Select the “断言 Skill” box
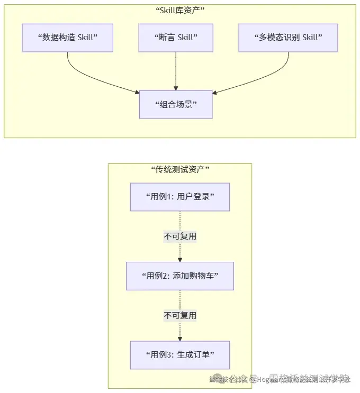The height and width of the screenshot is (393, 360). (x=176, y=38)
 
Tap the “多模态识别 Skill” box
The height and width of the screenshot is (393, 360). (x=288, y=38)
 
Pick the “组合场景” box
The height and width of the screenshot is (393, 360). (x=176, y=104)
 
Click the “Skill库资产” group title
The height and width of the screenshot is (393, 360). (x=179, y=10)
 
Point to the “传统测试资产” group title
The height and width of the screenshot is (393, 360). (x=179, y=169)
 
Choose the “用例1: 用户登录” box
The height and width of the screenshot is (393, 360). (x=179, y=197)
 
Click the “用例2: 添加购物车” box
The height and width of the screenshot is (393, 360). (x=179, y=276)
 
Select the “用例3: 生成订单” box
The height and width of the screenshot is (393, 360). (x=179, y=355)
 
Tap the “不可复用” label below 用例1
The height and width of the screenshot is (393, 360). (x=180, y=236)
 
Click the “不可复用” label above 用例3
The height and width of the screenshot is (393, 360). (x=180, y=315)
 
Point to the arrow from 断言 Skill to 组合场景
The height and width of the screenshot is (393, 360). (x=176, y=71)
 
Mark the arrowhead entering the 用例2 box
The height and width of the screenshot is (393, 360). (x=180, y=260)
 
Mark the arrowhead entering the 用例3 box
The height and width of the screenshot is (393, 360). (x=180, y=339)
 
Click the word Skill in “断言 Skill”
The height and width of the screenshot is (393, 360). (x=187, y=38)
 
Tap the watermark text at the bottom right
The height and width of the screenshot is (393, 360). (x=281, y=379)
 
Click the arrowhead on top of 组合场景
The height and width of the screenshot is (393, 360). (x=176, y=88)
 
